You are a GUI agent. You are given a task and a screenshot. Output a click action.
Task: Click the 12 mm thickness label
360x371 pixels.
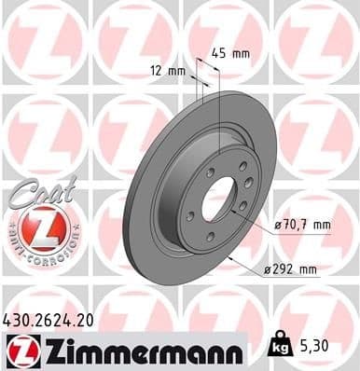(x=167, y=69)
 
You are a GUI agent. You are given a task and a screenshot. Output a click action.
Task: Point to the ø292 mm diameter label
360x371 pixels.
(x=291, y=270)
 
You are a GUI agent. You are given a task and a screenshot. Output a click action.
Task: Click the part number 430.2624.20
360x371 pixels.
(x=50, y=319)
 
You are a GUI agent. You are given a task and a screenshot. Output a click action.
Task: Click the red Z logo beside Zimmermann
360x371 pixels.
(x=20, y=350)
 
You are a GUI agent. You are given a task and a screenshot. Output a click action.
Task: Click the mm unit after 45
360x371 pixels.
(x=242, y=53)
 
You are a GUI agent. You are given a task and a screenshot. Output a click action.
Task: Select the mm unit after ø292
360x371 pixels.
(x=307, y=270)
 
